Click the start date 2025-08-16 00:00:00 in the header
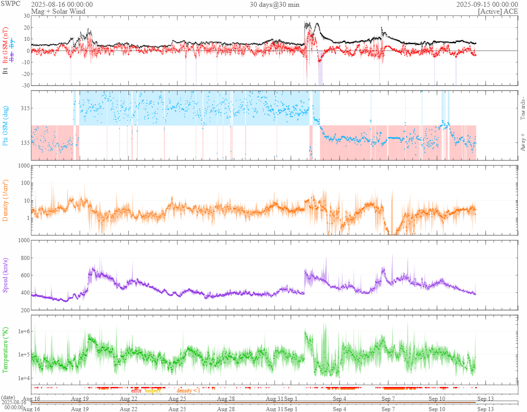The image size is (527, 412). pyautogui.click(x=62, y=4)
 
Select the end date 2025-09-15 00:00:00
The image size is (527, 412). pyautogui.click(x=487, y=4)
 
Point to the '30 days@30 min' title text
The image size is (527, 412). pyautogui.click(x=274, y=4)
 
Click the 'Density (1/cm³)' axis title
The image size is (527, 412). pyautogui.click(x=6, y=200)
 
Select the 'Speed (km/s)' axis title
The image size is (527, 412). pyautogui.click(x=6, y=275)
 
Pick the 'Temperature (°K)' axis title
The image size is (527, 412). pyautogui.click(x=6, y=350)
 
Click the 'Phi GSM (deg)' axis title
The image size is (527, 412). pyautogui.click(x=6, y=125)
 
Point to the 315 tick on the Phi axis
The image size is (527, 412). pyautogui.click(x=24, y=108)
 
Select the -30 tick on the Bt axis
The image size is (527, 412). pyautogui.click(x=25, y=85)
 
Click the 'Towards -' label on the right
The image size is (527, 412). pyautogui.click(x=523, y=109)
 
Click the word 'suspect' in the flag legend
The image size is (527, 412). pyautogui.click(x=152, y=391)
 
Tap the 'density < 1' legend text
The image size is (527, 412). pyautogui.click(x=188, y=391)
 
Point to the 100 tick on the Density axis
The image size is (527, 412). pyautogui.click(x=23, y=183)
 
